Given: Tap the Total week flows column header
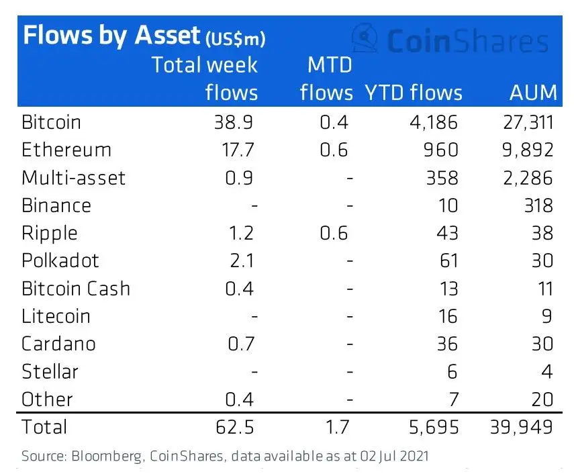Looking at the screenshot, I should click(205, 79).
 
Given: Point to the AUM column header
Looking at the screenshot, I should click(533, 93).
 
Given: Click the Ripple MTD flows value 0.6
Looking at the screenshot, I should click(333, 233).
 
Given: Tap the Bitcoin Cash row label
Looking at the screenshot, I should click(76, 289).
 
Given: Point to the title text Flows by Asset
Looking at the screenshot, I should click(111, 35).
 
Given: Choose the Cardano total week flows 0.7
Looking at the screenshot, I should click(239, 344).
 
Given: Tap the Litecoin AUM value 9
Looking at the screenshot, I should click(547, 316).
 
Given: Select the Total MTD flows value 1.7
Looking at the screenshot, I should click(333, 426).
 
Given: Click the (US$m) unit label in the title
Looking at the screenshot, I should click(235, 38).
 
